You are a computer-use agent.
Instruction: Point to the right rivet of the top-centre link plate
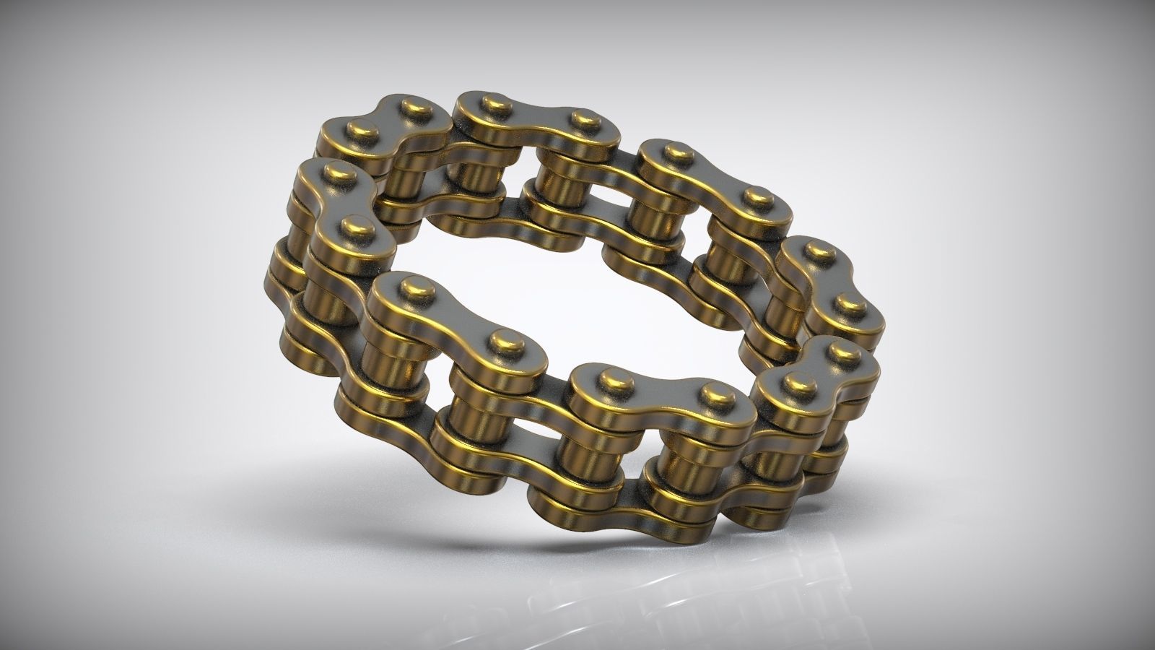[x=581, y=120]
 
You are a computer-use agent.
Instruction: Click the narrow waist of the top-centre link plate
[x=538, y=116]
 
